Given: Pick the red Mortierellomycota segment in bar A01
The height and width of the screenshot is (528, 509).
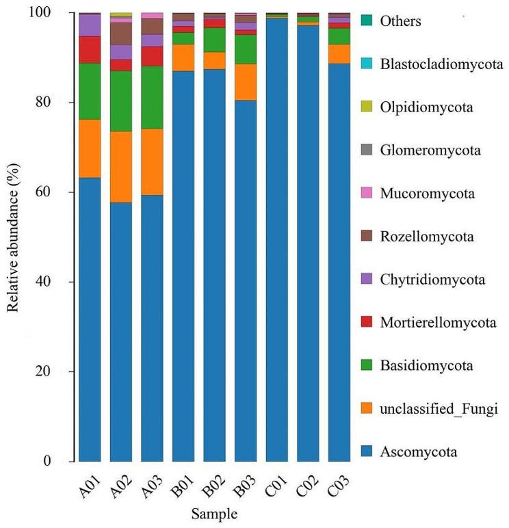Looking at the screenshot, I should click(90, 49).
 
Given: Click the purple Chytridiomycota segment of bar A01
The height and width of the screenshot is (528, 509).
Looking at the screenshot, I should click(90, 25).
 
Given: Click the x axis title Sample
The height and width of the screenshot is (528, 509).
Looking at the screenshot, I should click(214, 512).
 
